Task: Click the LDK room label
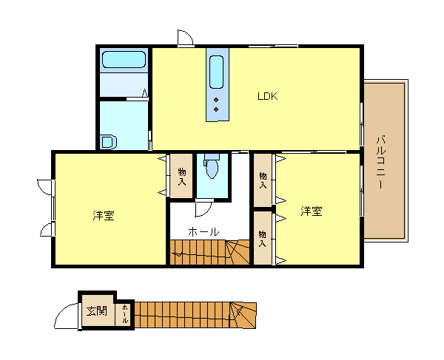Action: click(x=268, y=96)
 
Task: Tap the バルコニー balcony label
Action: click(x=381, y=163)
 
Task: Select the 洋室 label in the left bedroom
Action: click(x=104, y=216)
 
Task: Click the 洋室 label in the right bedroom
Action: click(x=312, y=211)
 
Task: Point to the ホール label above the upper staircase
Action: click(x=203, y=232)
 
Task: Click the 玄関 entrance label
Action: click(x=97, y=311)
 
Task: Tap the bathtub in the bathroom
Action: click(x=124, y=59)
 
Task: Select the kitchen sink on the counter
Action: click(x=216, y=72)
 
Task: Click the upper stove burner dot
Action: click(x=216, y=100)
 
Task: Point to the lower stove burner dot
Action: click(x=216, y=109)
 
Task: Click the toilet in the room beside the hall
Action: click(x=212, y=166)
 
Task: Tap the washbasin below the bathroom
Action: click(x=109, y=142)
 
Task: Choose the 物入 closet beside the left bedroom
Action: click(x=181, y=176)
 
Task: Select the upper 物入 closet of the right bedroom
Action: click(x=263, y=180)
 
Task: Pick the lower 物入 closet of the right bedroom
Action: click(x=263, y=238)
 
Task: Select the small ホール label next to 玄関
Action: click(x=125, y=314)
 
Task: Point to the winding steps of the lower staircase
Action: click(x=243, y=315)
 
